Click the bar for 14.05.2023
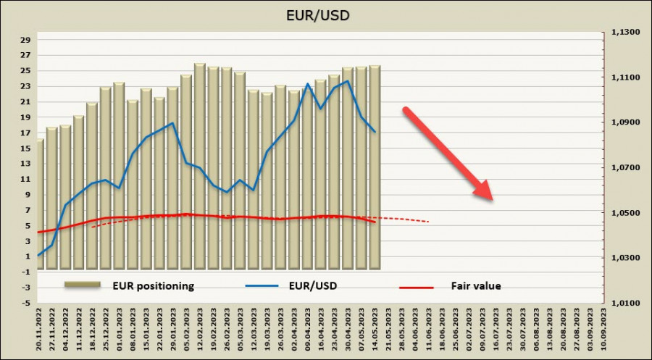point(375,167)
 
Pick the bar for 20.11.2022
point(39,203)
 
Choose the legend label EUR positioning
point(152,285)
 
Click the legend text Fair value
point(477,286)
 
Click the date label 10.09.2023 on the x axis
point(604,329)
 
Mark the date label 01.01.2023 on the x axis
point(120,329)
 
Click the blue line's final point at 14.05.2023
point(375,132)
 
